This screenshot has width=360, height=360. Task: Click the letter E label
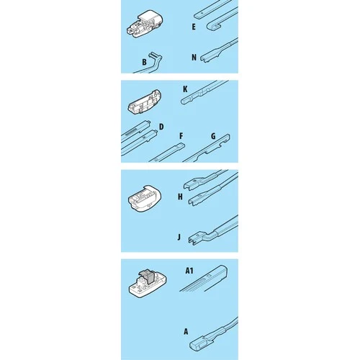coord(194,27)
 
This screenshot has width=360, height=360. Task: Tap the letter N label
coord(194,58)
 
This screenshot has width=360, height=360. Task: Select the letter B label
coord(144,62)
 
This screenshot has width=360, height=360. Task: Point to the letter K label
coord(185,89)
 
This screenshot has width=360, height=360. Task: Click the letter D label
coord(161,127)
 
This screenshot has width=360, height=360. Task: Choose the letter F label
coord(181,136)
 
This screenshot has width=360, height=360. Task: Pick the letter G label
coord(213,136)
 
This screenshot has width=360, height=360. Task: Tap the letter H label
coord(180,197)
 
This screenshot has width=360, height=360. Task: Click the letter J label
coord(179,238)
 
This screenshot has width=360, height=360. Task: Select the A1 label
coord(189,271)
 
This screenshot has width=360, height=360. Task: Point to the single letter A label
coord(186,332)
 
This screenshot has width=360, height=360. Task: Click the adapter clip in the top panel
coord(145,24)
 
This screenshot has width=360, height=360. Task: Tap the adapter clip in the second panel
coord(145,102)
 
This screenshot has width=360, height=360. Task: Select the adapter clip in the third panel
coord(145,199)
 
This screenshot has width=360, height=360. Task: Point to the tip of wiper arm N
coord(202,59)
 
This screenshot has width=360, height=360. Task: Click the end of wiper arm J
coord(192,239)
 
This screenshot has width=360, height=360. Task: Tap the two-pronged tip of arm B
coord(152,55)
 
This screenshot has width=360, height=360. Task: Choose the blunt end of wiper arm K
coord(183,102)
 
